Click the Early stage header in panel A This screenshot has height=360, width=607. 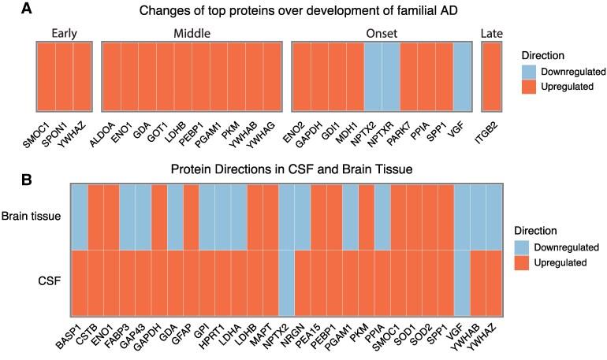(x=64, y=34)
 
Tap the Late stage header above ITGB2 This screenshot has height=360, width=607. (x=491, y=34)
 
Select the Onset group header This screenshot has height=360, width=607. (x=382, y=34)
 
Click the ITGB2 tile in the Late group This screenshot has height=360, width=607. (x=491, y=76)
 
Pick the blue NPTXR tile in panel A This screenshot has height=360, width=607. (x=391, y=76)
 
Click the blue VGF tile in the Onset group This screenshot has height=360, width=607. (x=463, y=76)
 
